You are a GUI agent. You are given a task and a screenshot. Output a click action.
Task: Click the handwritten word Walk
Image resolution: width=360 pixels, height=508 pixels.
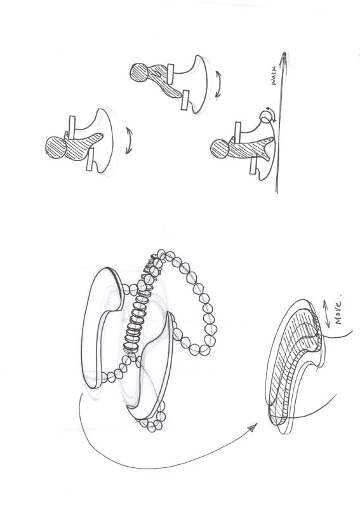(274, 76)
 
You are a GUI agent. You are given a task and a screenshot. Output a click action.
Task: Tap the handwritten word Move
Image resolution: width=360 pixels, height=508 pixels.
(338, 312)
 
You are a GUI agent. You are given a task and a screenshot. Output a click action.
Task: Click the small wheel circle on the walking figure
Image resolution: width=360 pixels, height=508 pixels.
(265, 116)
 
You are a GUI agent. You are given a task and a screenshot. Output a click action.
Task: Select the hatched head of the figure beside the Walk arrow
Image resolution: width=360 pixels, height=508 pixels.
(220, 149)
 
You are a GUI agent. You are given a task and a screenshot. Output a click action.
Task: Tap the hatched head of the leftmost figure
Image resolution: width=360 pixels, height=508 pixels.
(56, 147)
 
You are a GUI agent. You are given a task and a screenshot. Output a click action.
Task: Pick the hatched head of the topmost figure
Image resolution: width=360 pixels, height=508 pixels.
(139, 72)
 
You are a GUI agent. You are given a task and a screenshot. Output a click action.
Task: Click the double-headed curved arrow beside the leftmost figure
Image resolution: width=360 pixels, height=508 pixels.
(129, 140)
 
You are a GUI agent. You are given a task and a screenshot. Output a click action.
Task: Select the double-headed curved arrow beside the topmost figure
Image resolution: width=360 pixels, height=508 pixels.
(218, 84)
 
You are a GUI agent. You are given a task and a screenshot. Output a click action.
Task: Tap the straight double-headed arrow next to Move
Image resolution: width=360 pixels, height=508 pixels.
(326, 314)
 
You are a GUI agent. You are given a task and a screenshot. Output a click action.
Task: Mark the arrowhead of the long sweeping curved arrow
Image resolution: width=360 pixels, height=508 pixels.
(252, 427)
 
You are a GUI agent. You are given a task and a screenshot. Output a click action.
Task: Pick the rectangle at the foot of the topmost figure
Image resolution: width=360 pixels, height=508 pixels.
(185, 100)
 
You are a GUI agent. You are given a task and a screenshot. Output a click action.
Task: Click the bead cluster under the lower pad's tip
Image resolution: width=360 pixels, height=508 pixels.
(152, 418)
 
